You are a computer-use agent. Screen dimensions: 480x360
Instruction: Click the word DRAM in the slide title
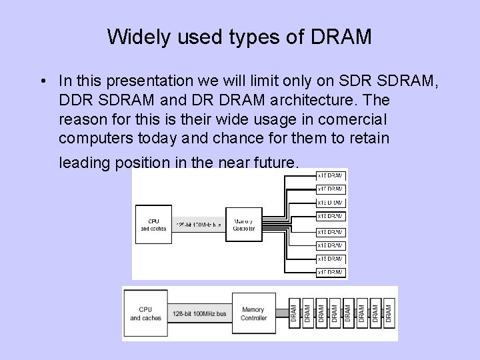coord(341,37)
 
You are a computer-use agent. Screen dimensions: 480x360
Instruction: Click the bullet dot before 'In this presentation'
coord(42,81)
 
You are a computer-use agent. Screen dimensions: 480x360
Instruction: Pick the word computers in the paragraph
coord(93,139)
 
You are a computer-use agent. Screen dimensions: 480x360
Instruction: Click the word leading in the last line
coord(83,162)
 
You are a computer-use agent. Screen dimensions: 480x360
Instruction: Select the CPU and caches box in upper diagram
coord(153,224)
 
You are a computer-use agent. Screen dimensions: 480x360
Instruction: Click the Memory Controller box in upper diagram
coord(243,224)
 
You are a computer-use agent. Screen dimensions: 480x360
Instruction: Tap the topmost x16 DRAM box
coord(331,175)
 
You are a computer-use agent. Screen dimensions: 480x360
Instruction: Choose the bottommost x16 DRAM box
coord(331,272)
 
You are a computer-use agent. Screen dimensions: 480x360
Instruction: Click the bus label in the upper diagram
coord(198,225)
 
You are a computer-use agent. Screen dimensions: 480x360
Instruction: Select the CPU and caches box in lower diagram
coord(145,313)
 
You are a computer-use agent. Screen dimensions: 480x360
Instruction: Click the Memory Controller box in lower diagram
coord(253,313)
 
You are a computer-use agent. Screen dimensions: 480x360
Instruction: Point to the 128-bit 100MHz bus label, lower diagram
coord(199,313)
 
